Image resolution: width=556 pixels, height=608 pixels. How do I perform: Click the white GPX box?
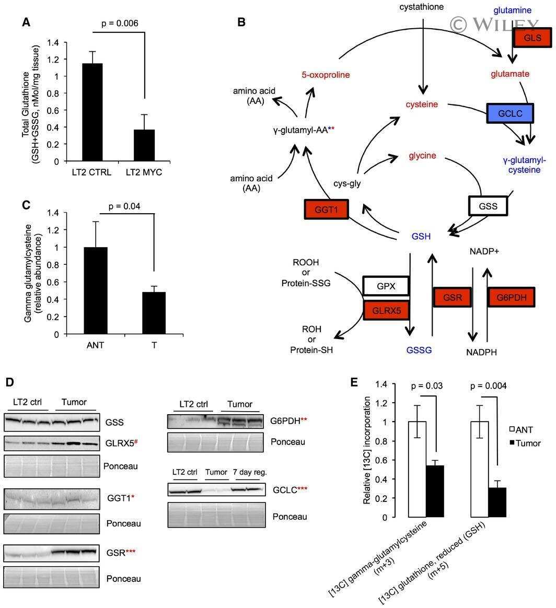click(386, 287)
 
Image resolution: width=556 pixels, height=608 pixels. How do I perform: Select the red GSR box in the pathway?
click(451, 297)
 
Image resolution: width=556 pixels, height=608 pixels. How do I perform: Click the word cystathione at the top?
click(422, 7)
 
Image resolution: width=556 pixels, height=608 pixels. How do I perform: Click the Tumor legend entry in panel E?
click(525, 443)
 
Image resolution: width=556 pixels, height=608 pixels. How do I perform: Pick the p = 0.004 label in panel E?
click(489, 386)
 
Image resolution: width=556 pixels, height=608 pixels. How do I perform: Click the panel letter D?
click(10, 382)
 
